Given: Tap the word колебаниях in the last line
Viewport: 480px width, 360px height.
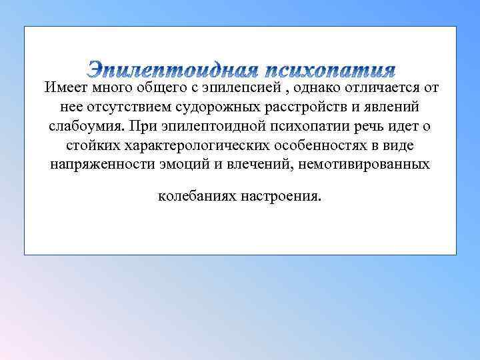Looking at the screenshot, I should [197, 197].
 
